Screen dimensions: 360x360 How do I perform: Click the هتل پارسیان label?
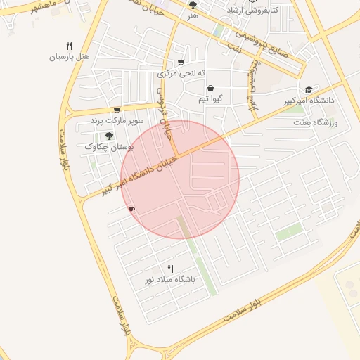(x=70, y=56)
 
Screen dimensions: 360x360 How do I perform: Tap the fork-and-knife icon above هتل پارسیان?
(x=69, y=46)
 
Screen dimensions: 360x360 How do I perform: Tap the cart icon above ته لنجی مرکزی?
(x=181, y=63)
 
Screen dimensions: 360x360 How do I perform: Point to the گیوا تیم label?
(x=211, y=99)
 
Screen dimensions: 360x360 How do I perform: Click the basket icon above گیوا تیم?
(x=211, y=89)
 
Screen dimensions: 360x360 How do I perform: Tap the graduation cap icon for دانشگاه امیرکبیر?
(x=309, y=90)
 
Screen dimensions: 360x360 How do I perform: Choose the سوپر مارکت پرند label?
(x=117, y=121)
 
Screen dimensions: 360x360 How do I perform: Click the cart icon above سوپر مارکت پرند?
(x=116, y=110)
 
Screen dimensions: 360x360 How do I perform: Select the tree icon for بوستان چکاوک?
(x=109, y=136)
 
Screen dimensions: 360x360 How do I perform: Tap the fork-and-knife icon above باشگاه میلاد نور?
(x=170, y=269)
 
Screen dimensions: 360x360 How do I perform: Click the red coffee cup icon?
(x=131, y=210)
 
